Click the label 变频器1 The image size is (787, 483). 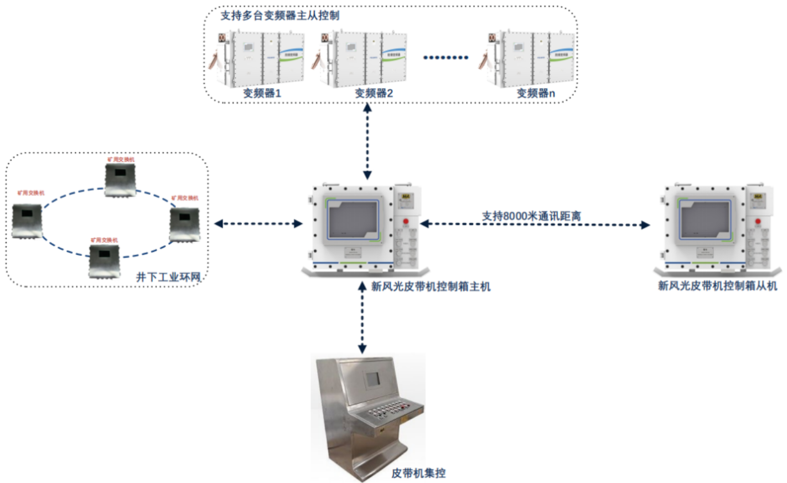(262, 93)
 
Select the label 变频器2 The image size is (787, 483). (374, 93)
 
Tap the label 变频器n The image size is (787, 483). (535, 93)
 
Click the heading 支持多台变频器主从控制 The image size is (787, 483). (279, 16)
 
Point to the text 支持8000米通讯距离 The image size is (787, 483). (531, 216)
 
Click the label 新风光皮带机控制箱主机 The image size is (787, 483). (430, 286)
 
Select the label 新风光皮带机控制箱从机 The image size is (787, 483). (717, 286)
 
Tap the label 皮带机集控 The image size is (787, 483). (418, 473)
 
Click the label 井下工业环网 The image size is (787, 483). (168, 276)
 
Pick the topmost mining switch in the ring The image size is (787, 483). (120, 179)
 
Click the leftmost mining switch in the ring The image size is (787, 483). (27, 220)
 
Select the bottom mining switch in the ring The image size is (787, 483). (105, 260)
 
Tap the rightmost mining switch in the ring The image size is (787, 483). (184, 224)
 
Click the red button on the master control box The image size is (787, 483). (406, 222)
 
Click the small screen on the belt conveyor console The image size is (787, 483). (371, 378)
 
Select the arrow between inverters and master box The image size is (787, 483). (367, 141)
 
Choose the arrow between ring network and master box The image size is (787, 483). (258, 224)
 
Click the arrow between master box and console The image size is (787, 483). (362, 318)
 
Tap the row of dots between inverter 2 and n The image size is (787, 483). (446, 57)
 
